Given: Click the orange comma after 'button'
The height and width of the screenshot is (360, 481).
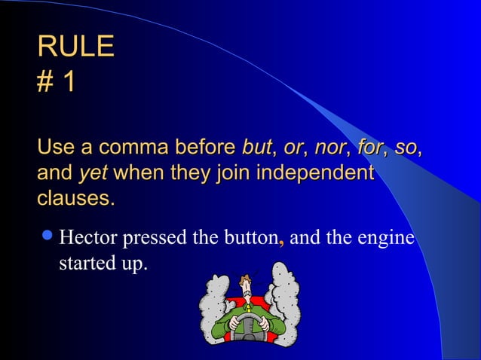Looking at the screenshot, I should coord(281,243).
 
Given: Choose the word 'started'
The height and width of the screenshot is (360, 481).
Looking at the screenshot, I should coord(84,265).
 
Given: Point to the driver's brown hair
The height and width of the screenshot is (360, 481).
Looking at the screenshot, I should coord(247,279).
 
